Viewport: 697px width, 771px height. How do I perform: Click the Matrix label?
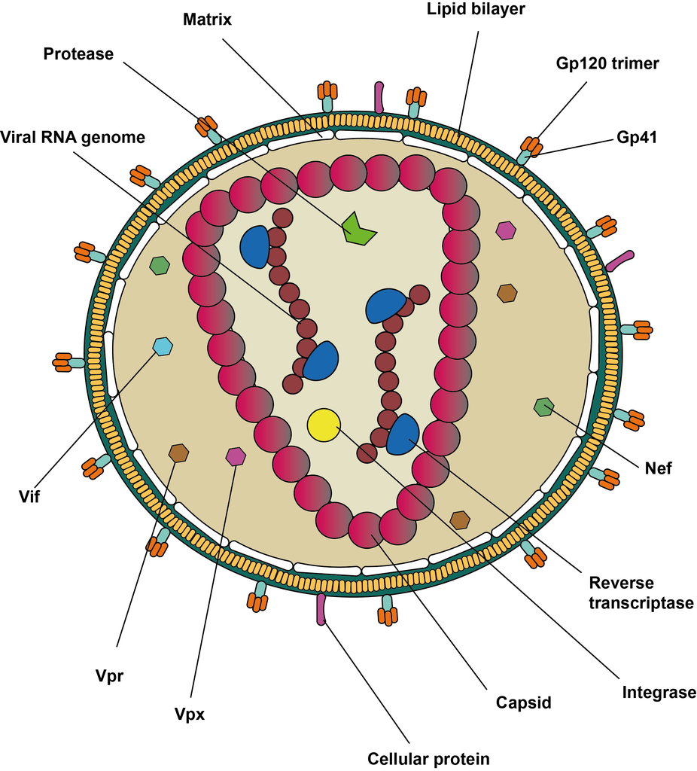[x=207, y=20]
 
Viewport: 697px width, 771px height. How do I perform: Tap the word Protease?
[x=78, y=54]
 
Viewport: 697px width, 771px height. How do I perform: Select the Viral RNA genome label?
[x=73, y=137]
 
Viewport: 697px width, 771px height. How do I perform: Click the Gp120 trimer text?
[x=607, y=63]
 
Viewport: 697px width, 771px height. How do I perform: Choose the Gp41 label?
[x=638, y=138]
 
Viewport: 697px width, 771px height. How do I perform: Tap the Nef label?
[x=657, y=468]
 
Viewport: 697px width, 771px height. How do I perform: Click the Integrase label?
[x=659, y=692]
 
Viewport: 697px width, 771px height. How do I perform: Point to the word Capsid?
[x=524, y=703]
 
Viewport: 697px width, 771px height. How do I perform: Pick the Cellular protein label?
[x=428, y=758]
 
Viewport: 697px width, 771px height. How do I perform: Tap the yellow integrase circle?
[x=324, y=425]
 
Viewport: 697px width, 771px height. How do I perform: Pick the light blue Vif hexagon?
[x=163, y=346]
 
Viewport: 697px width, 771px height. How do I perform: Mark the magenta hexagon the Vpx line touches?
[x=236, y=456]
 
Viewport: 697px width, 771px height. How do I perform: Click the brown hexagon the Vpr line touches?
[x=178, y=453]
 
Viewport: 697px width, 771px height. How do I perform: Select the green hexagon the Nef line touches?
[x=543, y=407]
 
